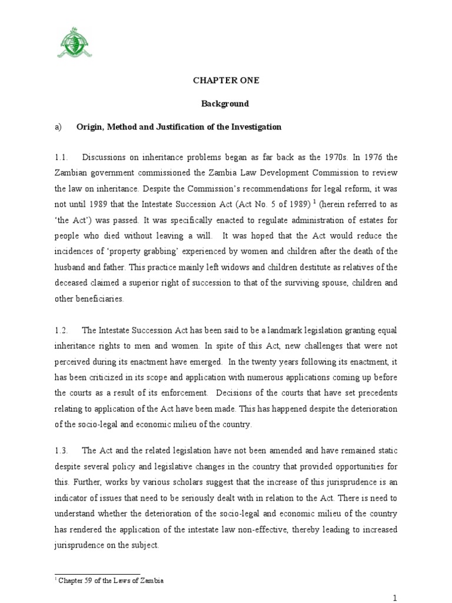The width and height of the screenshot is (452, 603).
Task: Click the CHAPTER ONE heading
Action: pyautogui.click(x=226, y=81)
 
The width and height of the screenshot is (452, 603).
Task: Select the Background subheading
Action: pyautogui.click(x=225, y=104)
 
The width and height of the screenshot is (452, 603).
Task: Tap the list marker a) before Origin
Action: pyautogui.click(x=58, y=127)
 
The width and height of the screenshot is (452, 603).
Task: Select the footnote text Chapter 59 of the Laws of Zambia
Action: pyautogui.click(x=110, y=581)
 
